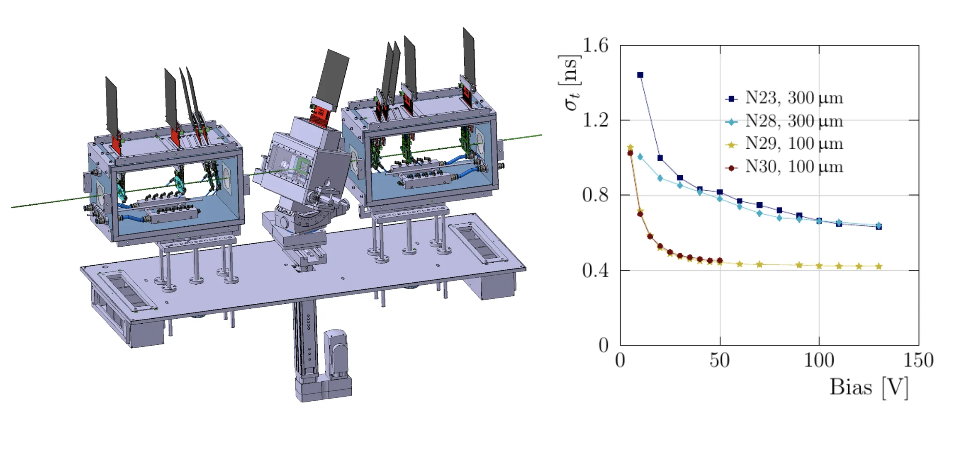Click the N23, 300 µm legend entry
[784, 98]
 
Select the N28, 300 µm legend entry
[784, 121]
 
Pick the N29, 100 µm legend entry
[784, 144]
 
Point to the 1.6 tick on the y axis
[595, 45]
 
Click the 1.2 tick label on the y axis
[595, 120]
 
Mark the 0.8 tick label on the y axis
[595, 195]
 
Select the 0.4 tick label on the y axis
[595, 270]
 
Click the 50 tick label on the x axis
[720, 361]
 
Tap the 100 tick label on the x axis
[819, 361]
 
